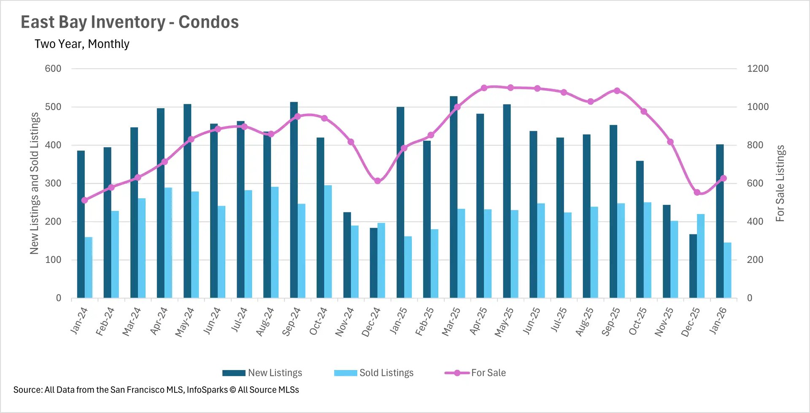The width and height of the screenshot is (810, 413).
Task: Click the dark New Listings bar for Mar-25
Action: [454, 198]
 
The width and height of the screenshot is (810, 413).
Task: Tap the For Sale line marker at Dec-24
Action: [378, 181]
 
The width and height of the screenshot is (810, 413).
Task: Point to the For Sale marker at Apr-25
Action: [484, 88]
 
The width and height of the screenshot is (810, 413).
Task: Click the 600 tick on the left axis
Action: [53, 69]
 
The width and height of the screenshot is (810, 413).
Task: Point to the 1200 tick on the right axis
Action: [758, 69]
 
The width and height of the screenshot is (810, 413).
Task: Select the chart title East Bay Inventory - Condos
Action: [130, 22]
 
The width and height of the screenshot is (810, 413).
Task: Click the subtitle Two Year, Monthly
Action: [82, 44]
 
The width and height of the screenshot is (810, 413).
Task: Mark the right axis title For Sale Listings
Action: [780, 183]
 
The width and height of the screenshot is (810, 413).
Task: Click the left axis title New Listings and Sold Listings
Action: [34, 183]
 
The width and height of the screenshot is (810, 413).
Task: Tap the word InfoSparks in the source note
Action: [207, 390]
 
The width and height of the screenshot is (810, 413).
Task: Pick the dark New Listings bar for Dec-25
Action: [693, 266]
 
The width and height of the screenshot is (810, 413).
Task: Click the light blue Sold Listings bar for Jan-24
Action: [89, 268]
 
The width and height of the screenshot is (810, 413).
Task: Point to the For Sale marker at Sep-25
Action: [617, 91]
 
